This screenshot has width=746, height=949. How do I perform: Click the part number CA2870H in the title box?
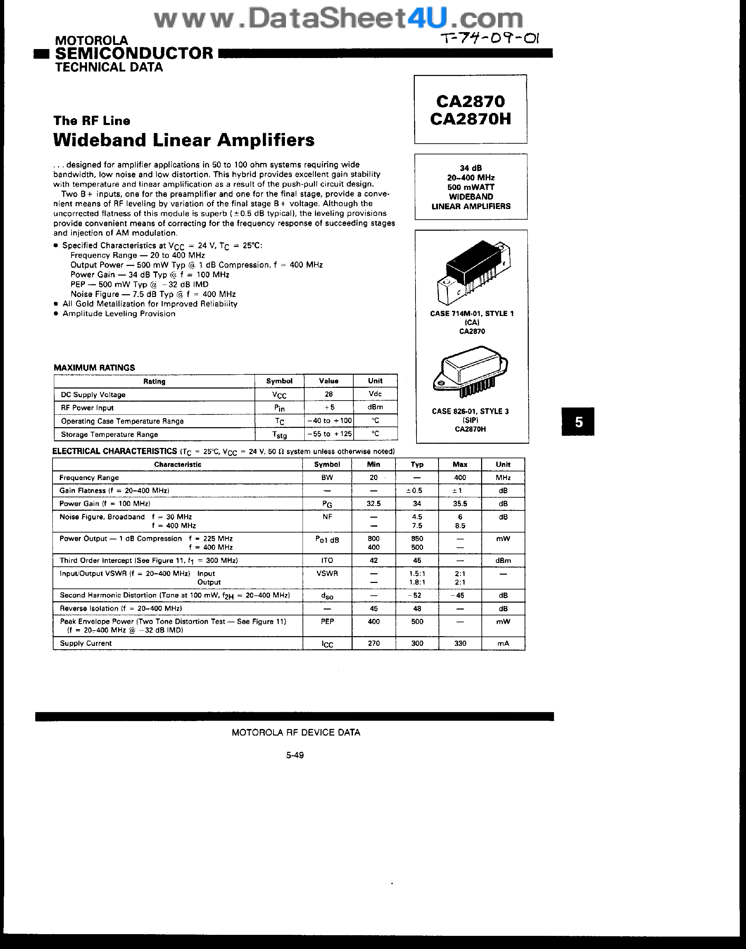tap(470, 119)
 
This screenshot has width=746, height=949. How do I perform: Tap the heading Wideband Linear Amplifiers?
tap(183, 140)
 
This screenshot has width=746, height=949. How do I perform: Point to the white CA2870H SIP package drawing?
tap(470, 371)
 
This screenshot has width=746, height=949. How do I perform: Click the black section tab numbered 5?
tap(578, 421)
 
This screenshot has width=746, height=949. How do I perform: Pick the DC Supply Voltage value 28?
tap(328, 394)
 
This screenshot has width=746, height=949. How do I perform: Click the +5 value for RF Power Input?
tap(328, 407)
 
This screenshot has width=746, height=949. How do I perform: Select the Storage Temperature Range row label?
tap(109, 434)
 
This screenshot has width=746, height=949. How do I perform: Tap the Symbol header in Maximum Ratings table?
tap(279, 381)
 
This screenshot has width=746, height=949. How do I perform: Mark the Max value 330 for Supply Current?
tap(460, 643)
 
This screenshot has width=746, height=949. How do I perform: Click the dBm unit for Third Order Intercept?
tap(503, 560)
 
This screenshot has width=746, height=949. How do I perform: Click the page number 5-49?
tap(295, 755)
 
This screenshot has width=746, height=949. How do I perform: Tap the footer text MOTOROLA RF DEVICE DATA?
tap(296, 733)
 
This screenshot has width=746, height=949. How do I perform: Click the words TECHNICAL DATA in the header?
tap(109, 67)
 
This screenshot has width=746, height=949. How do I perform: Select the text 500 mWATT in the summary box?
tap(470, 187)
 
